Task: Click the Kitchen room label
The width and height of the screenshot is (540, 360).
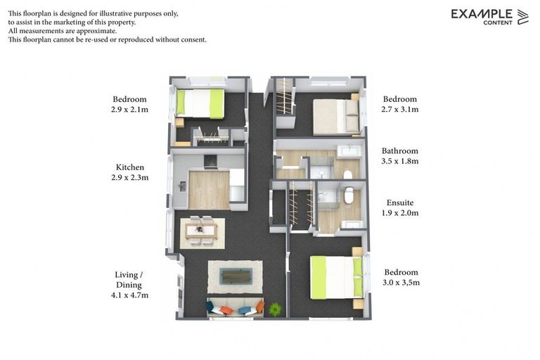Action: [130, 167]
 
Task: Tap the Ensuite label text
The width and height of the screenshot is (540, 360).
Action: [399, 202]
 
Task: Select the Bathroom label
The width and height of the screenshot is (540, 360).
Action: [399, 150]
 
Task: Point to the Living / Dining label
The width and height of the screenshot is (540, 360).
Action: [129, 279]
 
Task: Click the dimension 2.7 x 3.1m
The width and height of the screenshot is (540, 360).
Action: [399, 110]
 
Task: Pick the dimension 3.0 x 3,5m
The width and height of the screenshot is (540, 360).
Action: [401, 283]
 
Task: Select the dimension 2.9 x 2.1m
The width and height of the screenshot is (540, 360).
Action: [130, 110]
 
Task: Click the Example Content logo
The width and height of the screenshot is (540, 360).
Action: [489, 16]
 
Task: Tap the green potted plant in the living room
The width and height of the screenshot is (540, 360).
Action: [275, 309]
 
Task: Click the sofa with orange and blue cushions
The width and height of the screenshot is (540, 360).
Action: [234, 308]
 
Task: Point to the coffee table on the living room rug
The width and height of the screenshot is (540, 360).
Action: [234, 275]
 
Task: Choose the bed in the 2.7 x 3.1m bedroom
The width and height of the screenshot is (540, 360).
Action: [336, 116]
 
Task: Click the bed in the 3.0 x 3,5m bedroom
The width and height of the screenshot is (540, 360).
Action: [337, 276]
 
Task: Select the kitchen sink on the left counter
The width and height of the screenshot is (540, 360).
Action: [182, 186]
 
